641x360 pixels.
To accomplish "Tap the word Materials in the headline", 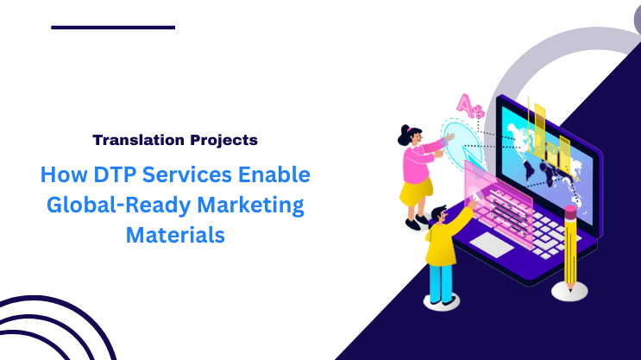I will point(175,234).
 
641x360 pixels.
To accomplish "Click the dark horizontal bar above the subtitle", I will point(113,28).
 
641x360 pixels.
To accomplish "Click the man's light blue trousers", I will point(441,281).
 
